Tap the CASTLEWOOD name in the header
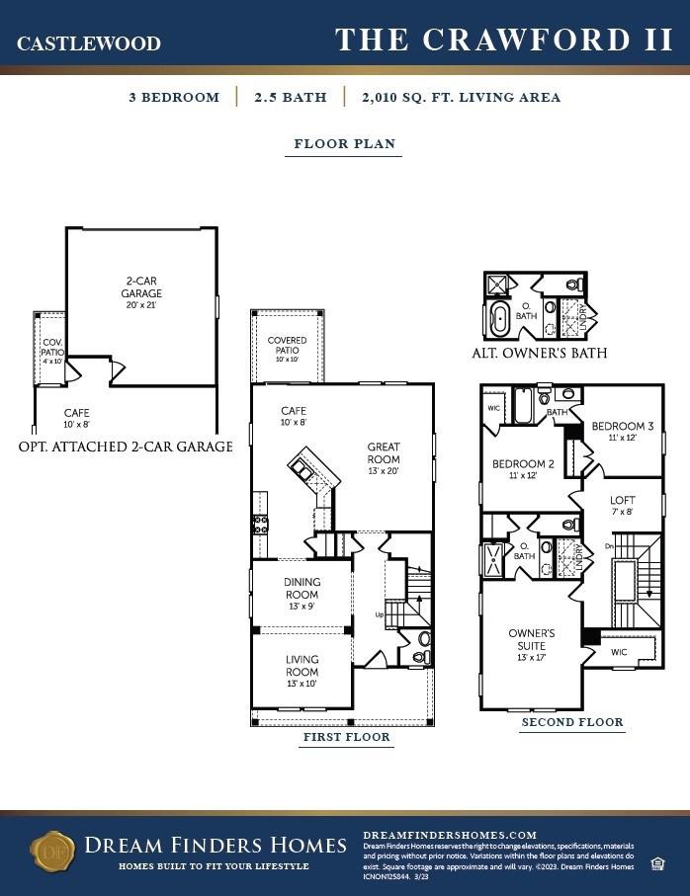click(x=89, y=43)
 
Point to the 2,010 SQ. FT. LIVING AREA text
click(x=461, y=98)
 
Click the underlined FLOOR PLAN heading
click(x=345, y=144)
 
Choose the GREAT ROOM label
click(x=384, y=453)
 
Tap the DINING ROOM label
click(x=302, y=589)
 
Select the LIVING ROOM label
click(x=302, y=666)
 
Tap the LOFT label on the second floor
click(x=623, y=505)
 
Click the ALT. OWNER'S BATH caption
click(x=539, y=353)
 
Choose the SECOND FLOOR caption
click(x=572, y=722)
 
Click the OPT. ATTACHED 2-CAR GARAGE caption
click(x=126, y=447)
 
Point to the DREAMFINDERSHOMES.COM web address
click(x=450, y=835)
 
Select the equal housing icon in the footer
click(x=657, y=864)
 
